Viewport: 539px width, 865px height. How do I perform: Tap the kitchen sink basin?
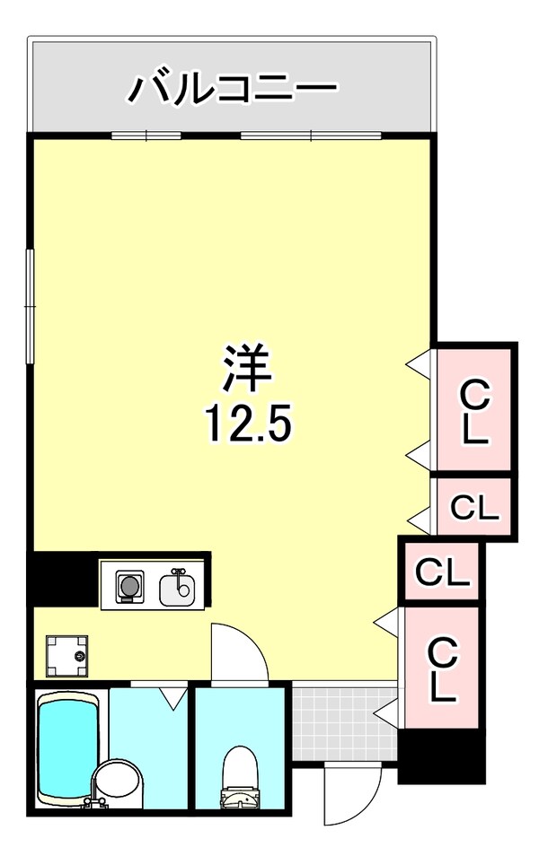tap(177, 589)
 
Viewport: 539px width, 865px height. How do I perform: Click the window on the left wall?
tap(30, 306)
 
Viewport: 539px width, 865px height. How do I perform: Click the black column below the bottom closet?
tap(441, 755)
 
